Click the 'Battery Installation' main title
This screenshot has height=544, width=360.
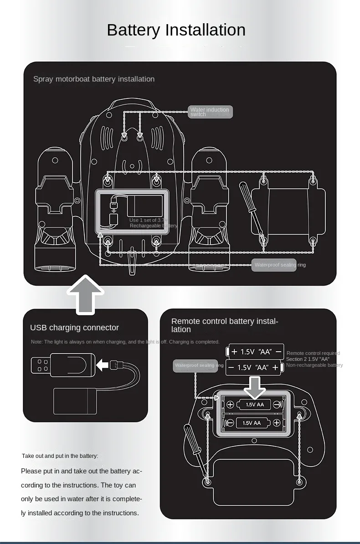176,30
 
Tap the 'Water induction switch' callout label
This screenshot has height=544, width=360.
210,112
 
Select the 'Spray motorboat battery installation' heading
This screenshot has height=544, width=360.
94,79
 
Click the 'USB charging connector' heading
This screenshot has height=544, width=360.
74,328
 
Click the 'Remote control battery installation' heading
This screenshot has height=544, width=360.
224,325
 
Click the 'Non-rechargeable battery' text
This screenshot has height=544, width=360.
314,365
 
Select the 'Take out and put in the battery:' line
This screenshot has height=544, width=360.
60,456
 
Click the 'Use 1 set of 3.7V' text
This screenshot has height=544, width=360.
149,221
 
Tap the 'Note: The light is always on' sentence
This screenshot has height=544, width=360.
125,342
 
